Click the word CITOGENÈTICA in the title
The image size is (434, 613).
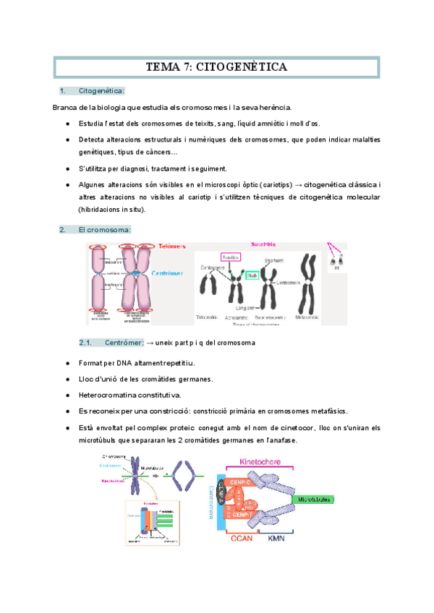pos(241,67)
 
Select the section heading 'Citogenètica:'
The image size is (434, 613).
pos(101,90)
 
